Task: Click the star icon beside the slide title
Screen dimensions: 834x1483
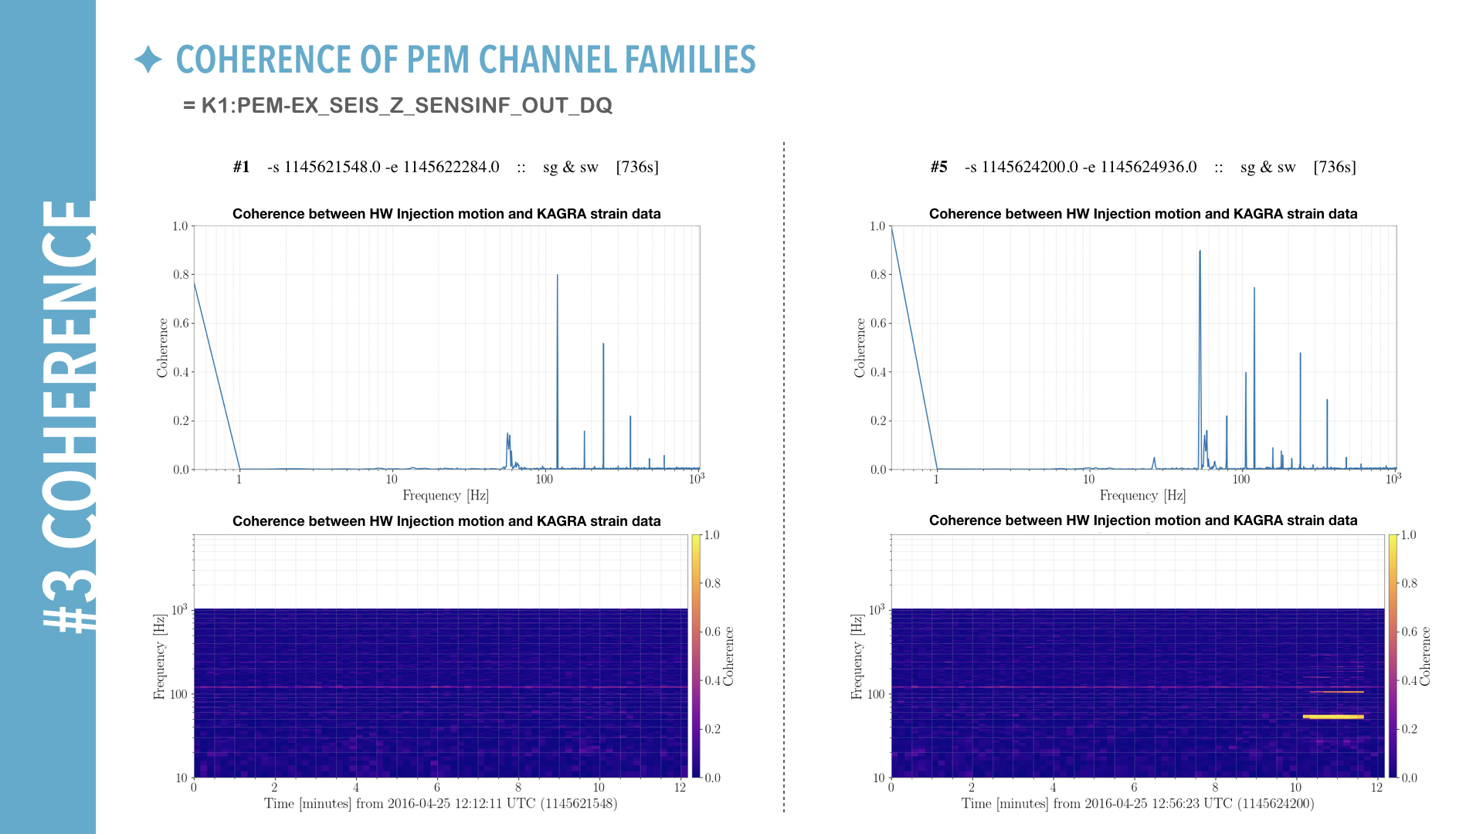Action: (148, 59)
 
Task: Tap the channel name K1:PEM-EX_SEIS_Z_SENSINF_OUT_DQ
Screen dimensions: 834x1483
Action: (406, 106)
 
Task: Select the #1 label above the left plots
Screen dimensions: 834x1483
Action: (241, 167)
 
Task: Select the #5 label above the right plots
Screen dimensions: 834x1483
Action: (938, 167)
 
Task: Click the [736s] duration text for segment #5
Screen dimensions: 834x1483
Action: (1334, 167)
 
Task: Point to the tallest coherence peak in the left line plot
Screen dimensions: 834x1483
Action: (558, 276)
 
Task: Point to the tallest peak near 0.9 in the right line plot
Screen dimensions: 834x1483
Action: (1200, 253)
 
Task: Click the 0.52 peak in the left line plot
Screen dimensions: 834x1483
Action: (603, 345)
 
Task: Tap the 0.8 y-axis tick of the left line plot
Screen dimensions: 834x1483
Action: (181, 274)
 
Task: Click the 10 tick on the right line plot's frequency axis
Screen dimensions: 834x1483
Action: (1088, 480)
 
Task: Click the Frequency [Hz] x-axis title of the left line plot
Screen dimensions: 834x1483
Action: (446, 496)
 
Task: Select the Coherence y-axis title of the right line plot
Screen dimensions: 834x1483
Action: (860, 347)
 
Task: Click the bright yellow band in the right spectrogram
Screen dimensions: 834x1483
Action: (1333, 717)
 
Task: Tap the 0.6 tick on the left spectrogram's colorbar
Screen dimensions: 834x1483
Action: (712, 632)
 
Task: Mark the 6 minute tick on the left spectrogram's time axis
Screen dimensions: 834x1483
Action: (437, 788)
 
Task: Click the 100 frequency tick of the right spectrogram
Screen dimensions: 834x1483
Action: (875, 694)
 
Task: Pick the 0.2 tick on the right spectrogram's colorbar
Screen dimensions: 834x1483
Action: (1410, 729)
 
